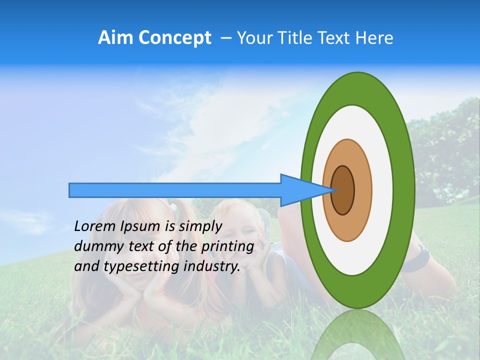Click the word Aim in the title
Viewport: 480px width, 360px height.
(x=116, y=38)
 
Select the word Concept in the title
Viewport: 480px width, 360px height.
(x=174, y=38)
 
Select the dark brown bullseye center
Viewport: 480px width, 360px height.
(x=343, y=190)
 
